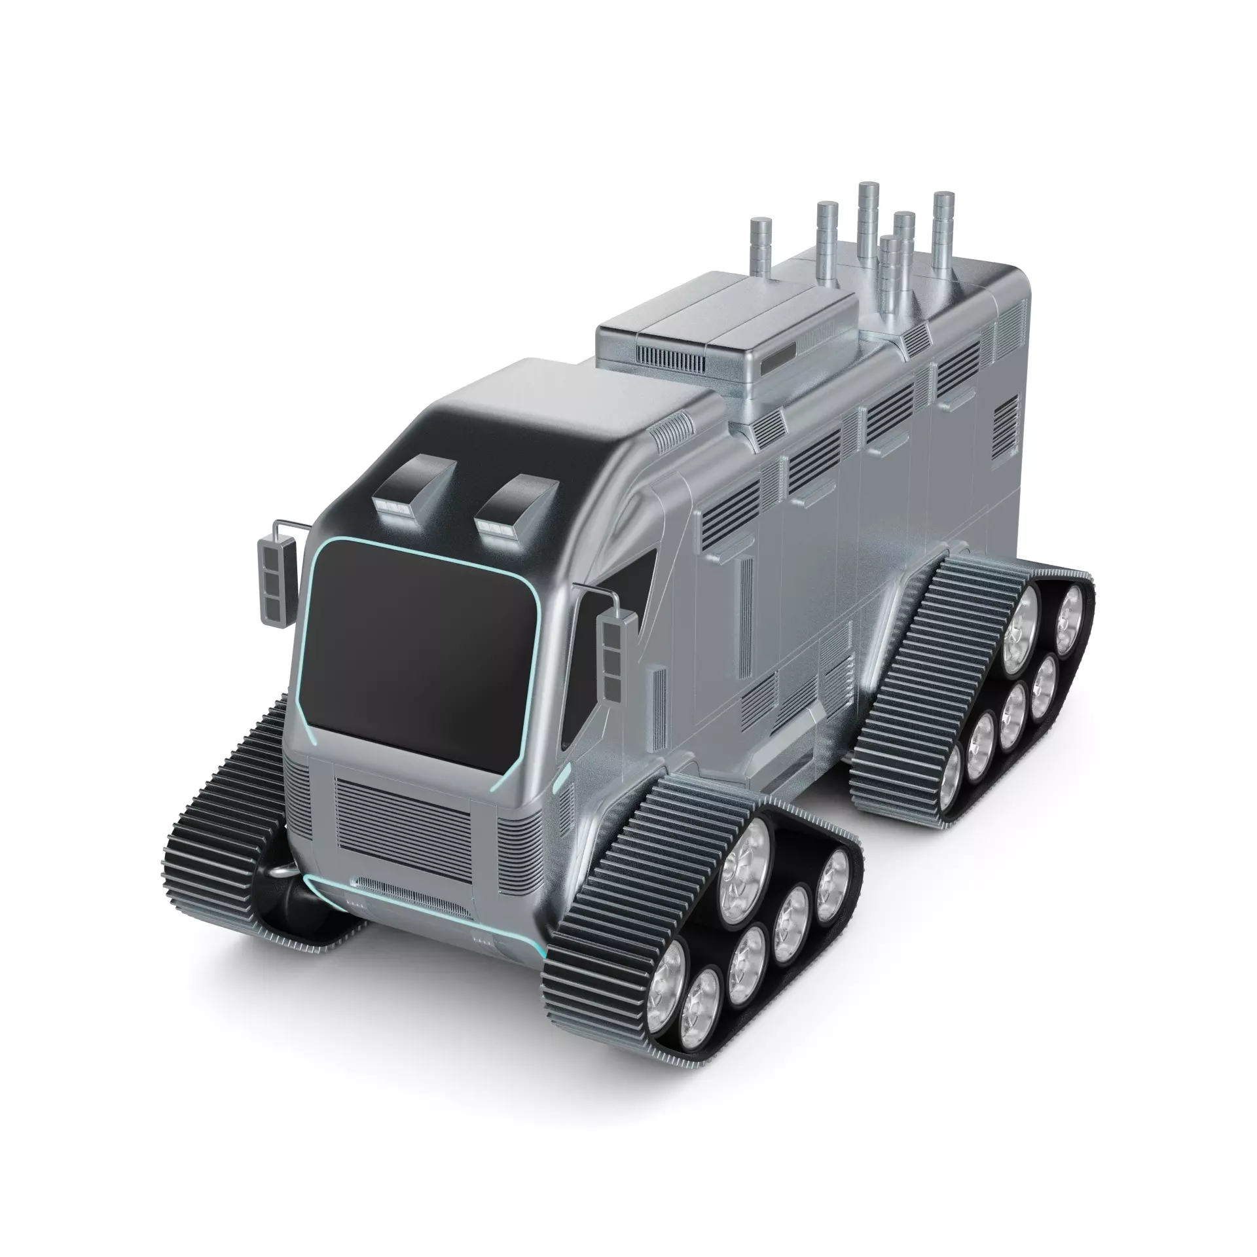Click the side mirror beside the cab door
pyautogui.click(x=613, y=655)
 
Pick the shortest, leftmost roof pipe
pyautogui.click(x=761, y=249)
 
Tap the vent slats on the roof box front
pyautogui.click(x=670, y=357)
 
